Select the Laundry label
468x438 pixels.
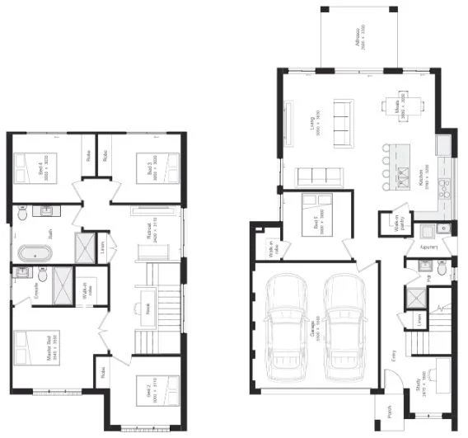tap(427, 246)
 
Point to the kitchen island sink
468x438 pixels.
tap(404, 175)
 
